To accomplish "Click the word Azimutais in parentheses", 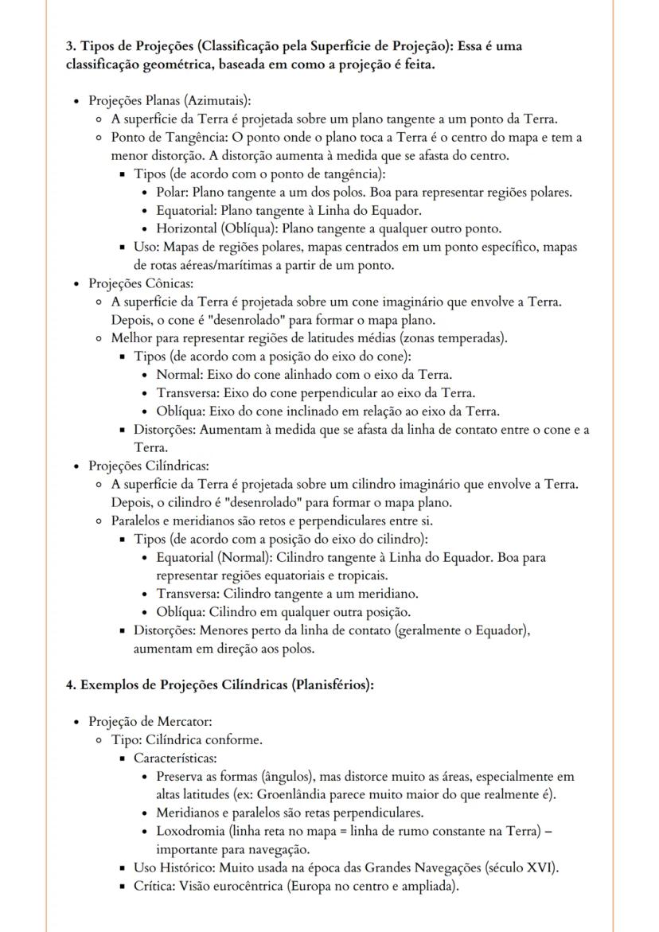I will click(x=219, y=100).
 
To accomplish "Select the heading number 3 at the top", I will click(x=70, y=46).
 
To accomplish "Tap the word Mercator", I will click(x=182, y=721).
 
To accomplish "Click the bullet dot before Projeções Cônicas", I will click(x=76, y=283).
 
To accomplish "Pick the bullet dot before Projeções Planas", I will click(x=76, y=101).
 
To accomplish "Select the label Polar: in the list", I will click(x=173, y=192).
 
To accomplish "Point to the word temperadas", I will click(x=470, y=338).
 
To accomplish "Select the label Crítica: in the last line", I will click(x=156, y=886).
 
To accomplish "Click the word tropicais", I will click(x=359, y=575).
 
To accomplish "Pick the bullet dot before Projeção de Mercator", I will click(x=76, y=722).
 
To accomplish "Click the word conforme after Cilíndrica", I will click(x=237, y=739).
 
